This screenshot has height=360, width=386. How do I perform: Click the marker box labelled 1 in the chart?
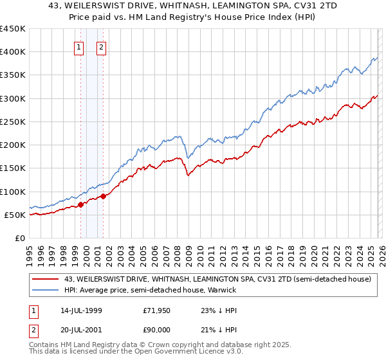78,46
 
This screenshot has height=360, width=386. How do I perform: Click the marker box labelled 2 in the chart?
102,46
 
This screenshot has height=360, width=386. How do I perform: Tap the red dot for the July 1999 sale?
80,205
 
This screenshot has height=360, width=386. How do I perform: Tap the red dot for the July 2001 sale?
103,196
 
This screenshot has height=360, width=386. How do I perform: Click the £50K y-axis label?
15,215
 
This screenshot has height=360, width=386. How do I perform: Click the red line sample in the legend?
46,280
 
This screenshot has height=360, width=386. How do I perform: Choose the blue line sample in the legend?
46,290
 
